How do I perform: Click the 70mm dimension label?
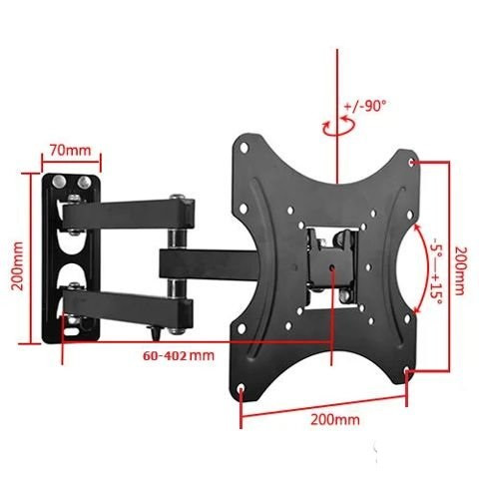[x=70, y=151]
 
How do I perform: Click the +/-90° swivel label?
[x=365, y=106]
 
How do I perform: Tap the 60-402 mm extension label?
[x=179, y=355]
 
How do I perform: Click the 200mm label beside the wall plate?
[x=18, y=265]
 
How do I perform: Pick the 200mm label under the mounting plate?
[x=335, y=419]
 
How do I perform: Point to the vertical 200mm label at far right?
[x=459, y=270]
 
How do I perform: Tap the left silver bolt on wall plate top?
[x=59, y=182]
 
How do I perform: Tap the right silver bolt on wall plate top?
[x=84, y=183]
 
